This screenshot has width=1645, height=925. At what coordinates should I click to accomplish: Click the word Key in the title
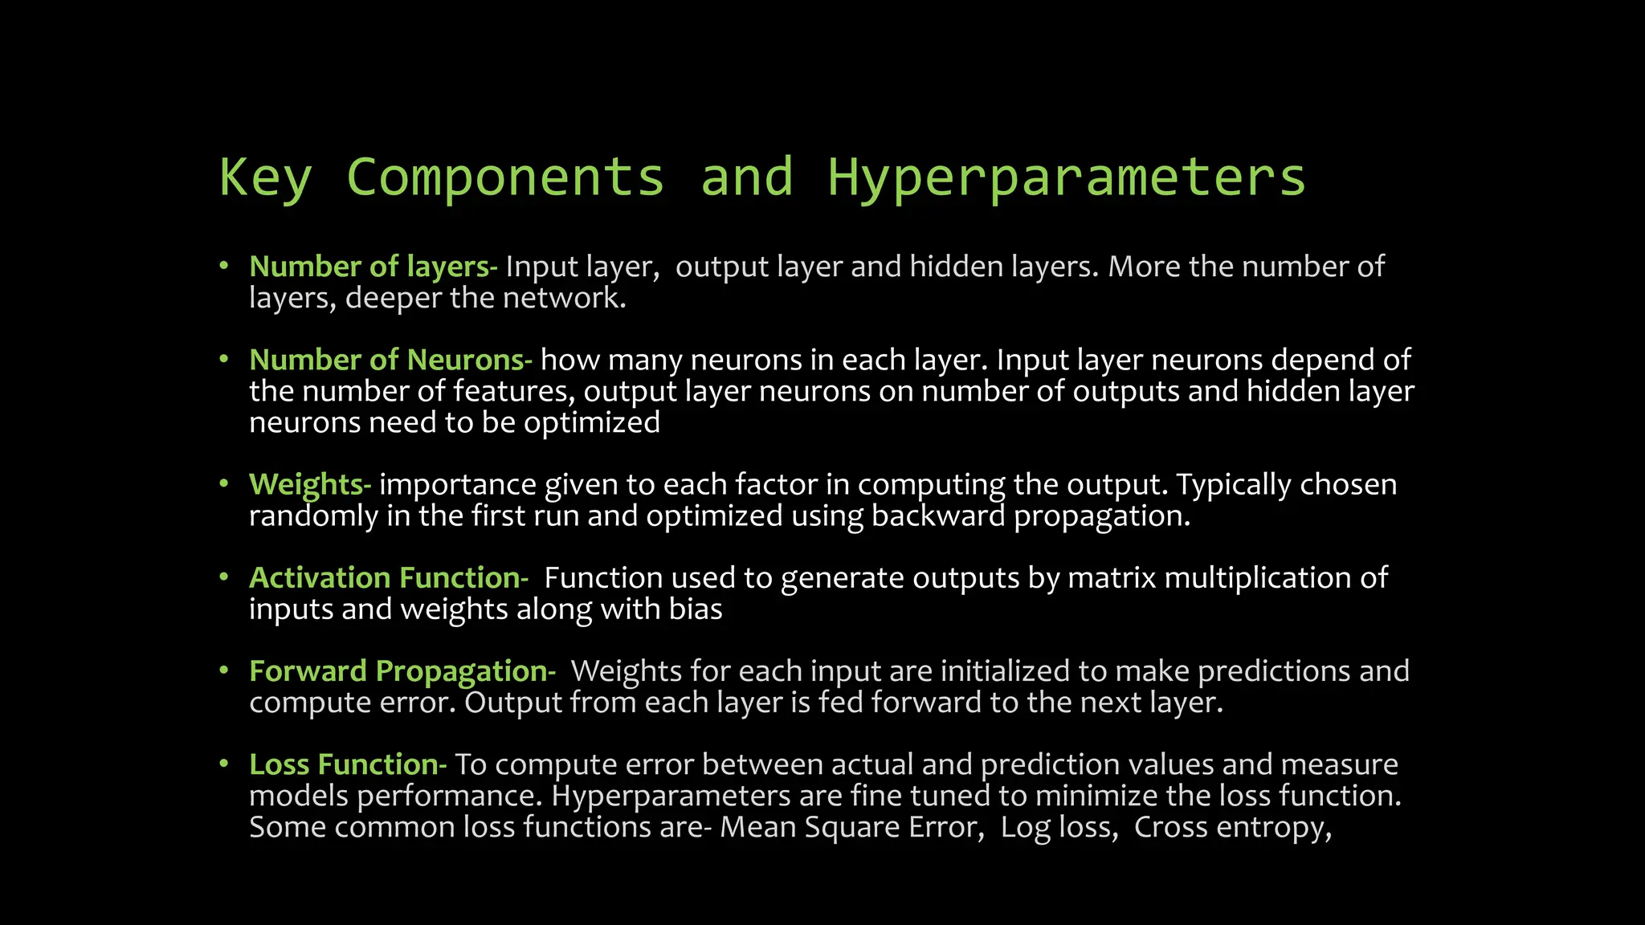[x=265, y=178]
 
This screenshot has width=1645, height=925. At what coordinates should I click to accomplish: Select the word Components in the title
[x=505, y=178]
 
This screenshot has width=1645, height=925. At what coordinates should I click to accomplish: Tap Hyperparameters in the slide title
[x=1066, y=178]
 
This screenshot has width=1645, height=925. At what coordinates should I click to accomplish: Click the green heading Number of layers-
[x=373, y=267]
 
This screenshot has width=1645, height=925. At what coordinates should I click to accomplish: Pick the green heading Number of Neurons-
[x=390, y=360]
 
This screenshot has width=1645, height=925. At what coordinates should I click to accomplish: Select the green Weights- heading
[x=309, y=485]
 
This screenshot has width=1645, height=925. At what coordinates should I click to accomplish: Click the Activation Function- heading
[x=389, y=578]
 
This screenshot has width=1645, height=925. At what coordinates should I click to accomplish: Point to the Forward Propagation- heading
[x=402, y=671]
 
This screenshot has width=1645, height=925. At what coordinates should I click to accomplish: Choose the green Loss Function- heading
[x=347, y=764]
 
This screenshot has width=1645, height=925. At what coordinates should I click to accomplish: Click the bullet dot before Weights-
[x=225, y=483]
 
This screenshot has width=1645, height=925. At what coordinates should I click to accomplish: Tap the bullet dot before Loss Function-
[x=225, y=763]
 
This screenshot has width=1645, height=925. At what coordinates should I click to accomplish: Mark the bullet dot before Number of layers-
[x=225, y=265]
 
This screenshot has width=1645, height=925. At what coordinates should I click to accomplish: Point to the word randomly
[x=312, y=516]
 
